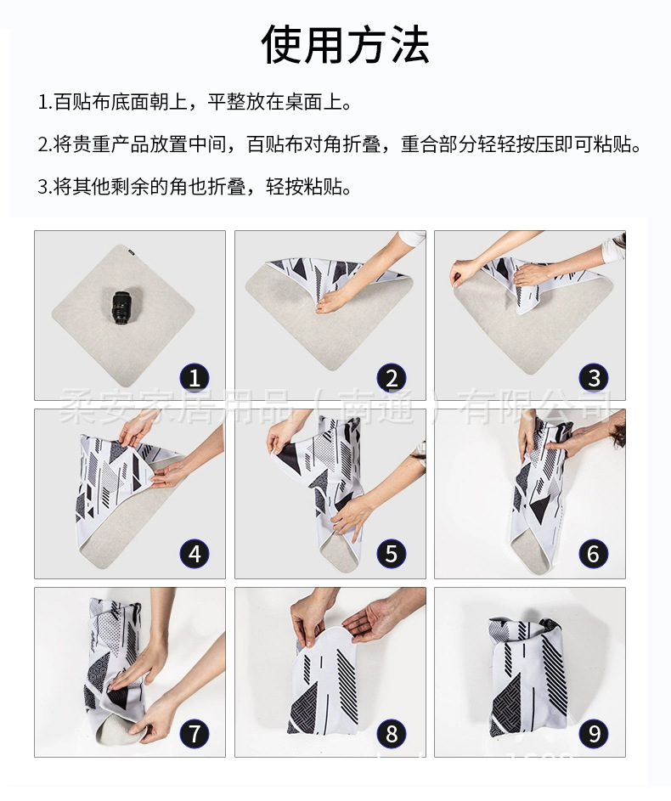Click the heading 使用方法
pyautogui.click(x=345, y=45)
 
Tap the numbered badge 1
pyautogui.click(x=195, y=377)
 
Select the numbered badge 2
pyautogui.click(x=391, y=377)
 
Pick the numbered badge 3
pyautogui.click(x=593, y=377)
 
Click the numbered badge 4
pyautogui.click(x=195, y=555)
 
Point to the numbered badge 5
pyautogui.click(x=391, y=555)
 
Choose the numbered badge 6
pyautogui.click(x=593, y=555)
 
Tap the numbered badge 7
pyautogui.click(x=195, y=732)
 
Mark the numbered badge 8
pyautogui.click(x=391, y=732)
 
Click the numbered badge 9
pyautogui.click(x=593, y=732)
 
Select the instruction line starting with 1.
pyautogui.click(x=195, y=103)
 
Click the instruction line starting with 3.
pyautogui.click(x=195, y=186)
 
